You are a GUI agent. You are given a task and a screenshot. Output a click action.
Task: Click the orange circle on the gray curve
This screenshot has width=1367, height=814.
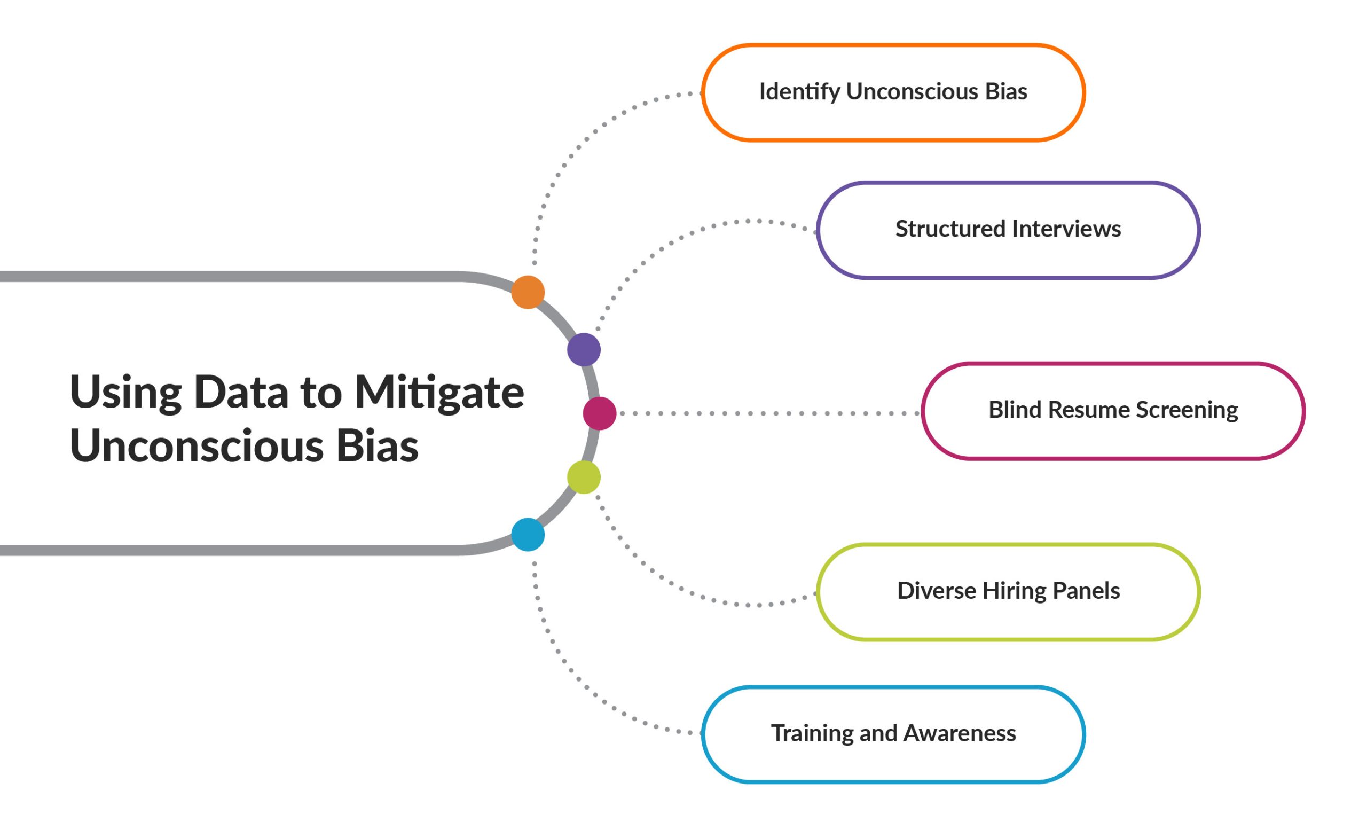click(528, 292)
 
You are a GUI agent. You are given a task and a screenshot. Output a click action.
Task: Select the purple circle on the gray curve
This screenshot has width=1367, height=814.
click(584, 349)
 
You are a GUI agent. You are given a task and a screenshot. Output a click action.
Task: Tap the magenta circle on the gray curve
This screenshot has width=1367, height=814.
click(599, 413)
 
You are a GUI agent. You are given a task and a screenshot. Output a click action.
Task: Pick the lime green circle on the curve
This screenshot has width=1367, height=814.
click(584, 477)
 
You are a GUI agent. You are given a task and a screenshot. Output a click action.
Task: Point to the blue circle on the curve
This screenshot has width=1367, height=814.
click(528, 534)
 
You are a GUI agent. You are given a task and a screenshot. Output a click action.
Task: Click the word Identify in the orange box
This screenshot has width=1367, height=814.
click(799, 92)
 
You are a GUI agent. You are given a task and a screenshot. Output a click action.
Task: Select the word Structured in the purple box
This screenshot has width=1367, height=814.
click(950, 229)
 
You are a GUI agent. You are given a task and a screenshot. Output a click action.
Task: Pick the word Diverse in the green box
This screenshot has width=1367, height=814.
click(937, 591)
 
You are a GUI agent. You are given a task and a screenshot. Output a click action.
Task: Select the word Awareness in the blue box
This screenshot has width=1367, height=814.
click(959, 733)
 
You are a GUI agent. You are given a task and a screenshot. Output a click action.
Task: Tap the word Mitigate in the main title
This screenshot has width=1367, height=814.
click(439, 393)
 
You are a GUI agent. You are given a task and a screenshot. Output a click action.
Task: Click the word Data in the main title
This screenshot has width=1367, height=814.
click(241, 392)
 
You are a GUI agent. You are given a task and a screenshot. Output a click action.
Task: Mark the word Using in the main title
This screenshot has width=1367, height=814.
click(125, 393)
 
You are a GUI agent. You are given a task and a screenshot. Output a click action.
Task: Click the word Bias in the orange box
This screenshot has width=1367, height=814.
click(1005, 92)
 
